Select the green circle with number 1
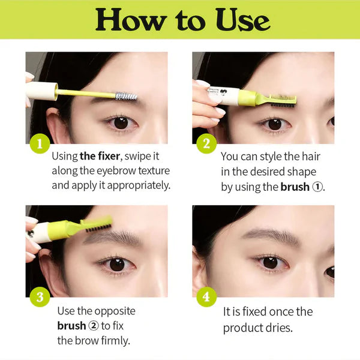[x=39, y=143]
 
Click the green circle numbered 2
[x=206, y=143]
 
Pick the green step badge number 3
[x=39, y=297]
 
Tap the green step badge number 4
[x=206, y=297]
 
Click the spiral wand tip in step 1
[x=126, y=96]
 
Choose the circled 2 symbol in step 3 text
[x=94, y=326]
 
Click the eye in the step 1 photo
[x=121, y=122]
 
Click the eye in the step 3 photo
[x=117, y=264]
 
